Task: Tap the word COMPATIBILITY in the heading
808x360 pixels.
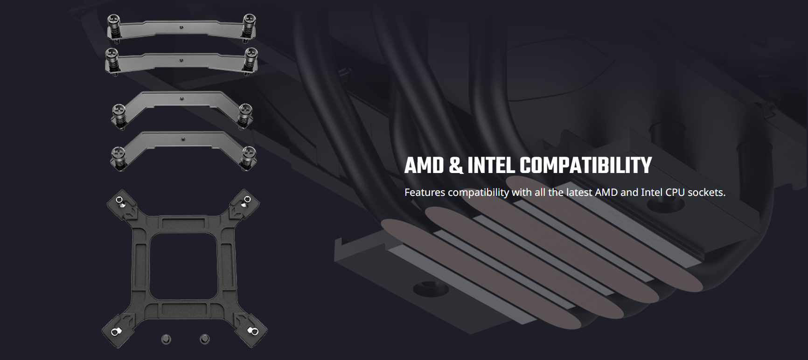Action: click(585, 166)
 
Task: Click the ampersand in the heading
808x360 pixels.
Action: click(456, 166)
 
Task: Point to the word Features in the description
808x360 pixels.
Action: click(425, 193)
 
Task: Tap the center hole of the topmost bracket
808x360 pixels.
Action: click(181, 27)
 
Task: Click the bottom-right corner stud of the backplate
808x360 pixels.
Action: click(253, 331)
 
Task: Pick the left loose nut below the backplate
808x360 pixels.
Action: click(166, 339)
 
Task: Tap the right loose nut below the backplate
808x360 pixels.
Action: click(205, 339)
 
